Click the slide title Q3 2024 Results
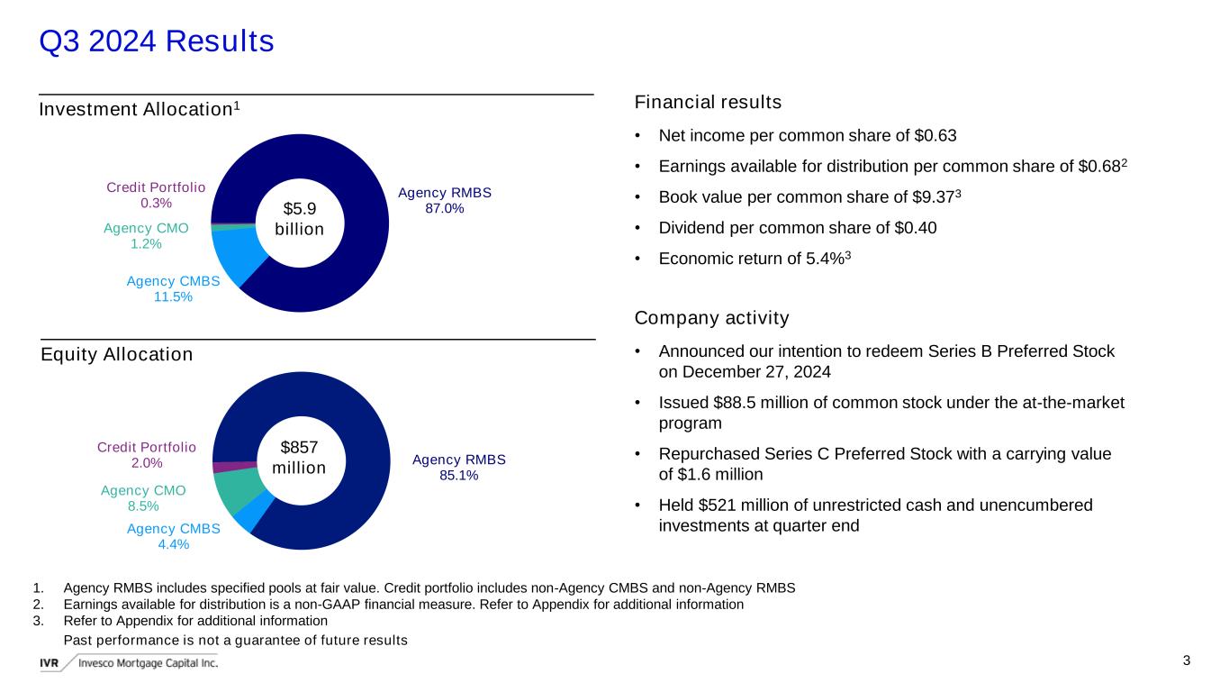pyautogui.click(x=157, y=41)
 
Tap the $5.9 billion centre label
pyautogui.click(x=300, y=219)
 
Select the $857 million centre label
pyautogui.click(x=299, y=457)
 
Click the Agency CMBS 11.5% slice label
pyautogui.click(x=174, y=289)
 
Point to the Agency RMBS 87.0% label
pyautogui.click(x=445, y=200)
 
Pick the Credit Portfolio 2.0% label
pyautogui.click(x=147, y=455)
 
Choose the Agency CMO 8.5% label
pyautogui.click(x=143, y=498)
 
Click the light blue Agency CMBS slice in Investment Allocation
pyautogui.click(x=236, y=254)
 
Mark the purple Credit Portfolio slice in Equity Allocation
pyautogui.click(x=235, y=468)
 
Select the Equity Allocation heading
pyautogui.click(x=117, y=354)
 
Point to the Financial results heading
pyautogui.click(x=708, y=102)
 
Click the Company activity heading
pyautogui.click(x=711, y=318)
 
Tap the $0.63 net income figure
pyautogui.click(x=935, y=136)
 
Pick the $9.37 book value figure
pyautogui.click(x=933, y=197)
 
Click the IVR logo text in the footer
pyautogui.click(x=49, y=663)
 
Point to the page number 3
pyautogui.click(x=1187, y=660)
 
